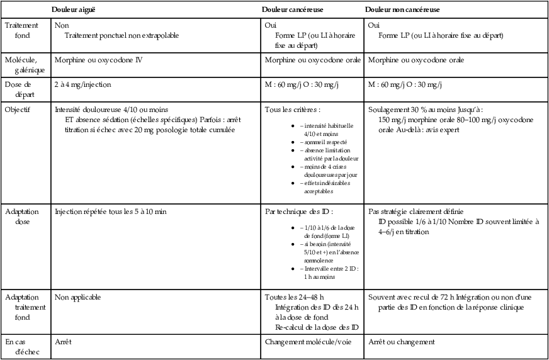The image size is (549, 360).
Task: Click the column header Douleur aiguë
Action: pyautogui.click(x=74, y=10)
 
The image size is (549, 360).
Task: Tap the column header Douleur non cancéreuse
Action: pyautogui.click(x=403, y=10)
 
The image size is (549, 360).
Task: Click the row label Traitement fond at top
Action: pyautogui.click(x=21, y=30)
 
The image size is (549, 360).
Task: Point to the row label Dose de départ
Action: pyautogui.click(x=21, y=89)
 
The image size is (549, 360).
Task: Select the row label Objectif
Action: pyautogui.click(x=19, y=109)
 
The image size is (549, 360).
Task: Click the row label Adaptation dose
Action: pyautogui.click(x=21, y=217)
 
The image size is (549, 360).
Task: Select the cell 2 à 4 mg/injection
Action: pyautogui.click(x=83, y=84)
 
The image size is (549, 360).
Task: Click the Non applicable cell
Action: pyautogui.click(x=77, y=296)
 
